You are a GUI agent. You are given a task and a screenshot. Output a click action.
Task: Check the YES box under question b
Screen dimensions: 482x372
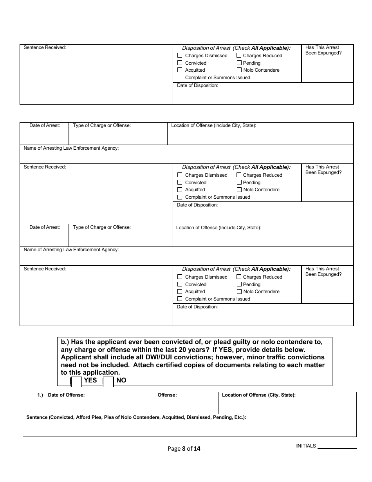click(x=76, y=382)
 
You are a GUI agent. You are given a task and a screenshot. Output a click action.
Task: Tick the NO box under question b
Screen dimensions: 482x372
click(x=108, y=382)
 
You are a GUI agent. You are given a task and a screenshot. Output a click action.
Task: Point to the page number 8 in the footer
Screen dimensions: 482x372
click(x=184, y=449)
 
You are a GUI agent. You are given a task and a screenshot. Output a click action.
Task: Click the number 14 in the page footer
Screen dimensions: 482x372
click(x=197, y=449)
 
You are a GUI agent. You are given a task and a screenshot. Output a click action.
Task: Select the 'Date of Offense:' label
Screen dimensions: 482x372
click(x=66, y=395)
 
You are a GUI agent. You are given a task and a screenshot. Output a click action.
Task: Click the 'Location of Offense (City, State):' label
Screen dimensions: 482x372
click(x=258, y=395)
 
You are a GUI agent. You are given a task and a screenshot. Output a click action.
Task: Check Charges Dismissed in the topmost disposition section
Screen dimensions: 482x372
click(x=180, y=56)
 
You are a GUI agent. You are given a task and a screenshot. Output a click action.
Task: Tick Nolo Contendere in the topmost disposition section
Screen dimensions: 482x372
click(x=239, y=70)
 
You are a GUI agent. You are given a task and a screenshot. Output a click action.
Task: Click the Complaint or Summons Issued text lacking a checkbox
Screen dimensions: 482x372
click(x=217, y=78)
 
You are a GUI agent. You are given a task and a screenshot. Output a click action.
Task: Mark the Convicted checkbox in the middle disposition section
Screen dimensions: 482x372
click(x=180, y=183)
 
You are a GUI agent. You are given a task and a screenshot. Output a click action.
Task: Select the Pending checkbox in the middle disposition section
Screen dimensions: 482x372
click(x=239, y=183)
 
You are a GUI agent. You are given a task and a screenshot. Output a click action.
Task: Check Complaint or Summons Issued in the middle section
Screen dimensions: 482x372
click(x=180, y=197)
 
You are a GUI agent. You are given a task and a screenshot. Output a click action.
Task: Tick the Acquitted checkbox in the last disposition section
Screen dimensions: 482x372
click(x=180, y=292)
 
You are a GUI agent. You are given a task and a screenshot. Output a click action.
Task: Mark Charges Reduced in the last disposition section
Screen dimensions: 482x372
click(x=239, y=277)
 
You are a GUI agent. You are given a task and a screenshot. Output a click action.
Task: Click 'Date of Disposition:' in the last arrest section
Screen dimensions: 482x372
click(x=197, y=307)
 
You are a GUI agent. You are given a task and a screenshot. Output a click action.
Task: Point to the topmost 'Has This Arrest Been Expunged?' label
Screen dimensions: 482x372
click(x=323, y=50)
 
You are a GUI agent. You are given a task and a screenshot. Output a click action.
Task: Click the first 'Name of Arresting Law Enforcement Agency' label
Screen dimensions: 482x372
click(x=71, y=148)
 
